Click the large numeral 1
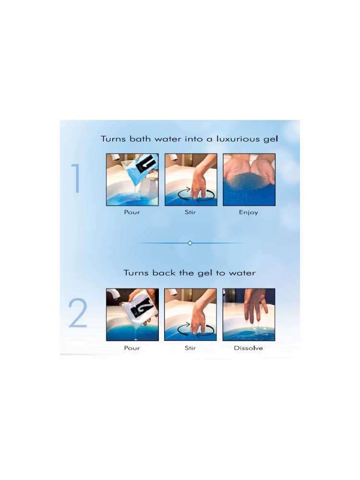(76, 179)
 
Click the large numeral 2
(78, 313)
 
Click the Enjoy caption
(248, 212)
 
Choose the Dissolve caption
(248, 348)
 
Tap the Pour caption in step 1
(132, 212)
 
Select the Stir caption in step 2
(190, 348)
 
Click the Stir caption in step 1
(190, 212)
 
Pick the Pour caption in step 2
(132, 348)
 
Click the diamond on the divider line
(190, 243)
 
